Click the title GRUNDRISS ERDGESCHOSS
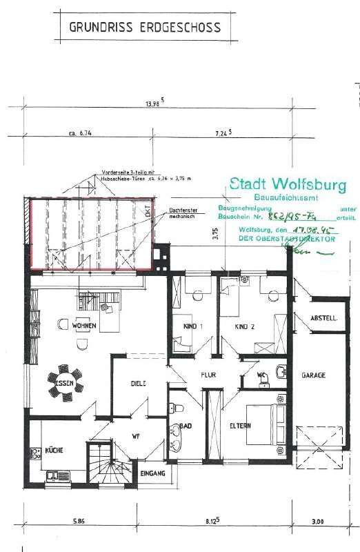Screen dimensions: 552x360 tap(146, 28)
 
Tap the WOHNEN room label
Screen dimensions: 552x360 tap(86, 325)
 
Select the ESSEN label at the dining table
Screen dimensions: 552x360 tap(64, 382)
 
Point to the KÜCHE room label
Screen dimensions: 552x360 tap(54, 450)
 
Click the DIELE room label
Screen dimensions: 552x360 tap(139, 384)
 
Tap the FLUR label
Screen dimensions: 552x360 tap(208, 376)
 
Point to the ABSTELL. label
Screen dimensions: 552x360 tap(323, 319)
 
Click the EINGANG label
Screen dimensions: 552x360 tap(152, 474)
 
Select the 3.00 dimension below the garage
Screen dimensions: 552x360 tap(318, 522)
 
